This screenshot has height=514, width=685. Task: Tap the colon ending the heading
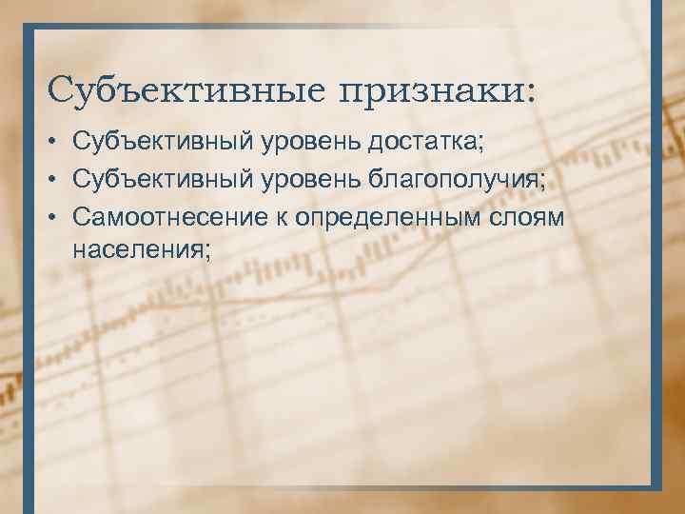point(529,92)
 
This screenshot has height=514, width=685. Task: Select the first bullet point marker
point(58,144)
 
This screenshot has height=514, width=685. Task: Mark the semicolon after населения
point(206,251)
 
